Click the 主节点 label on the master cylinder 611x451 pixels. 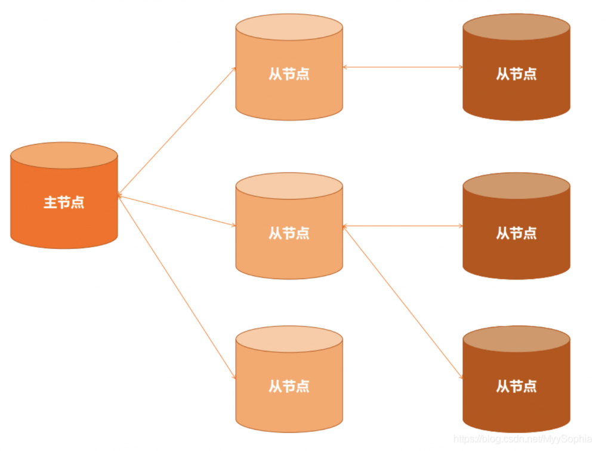click(64, 203)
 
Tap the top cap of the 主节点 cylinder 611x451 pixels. click(64, 155)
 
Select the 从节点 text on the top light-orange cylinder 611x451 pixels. click(289, 74)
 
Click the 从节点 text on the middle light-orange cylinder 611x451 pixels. click(289, 233)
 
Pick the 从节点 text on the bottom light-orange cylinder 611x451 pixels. click(289, 386)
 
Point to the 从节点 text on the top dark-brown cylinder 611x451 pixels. click(516, 74)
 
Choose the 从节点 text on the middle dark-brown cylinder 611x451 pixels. click(516, 233)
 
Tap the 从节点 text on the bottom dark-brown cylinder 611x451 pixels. click(516, 386)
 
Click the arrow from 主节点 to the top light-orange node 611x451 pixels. click(177, 130)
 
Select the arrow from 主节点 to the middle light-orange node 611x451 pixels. click(177, 210)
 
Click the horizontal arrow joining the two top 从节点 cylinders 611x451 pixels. click(403, 67)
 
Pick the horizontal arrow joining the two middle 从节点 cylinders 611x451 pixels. click(403, 226)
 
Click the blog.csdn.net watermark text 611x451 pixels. click(522, 439)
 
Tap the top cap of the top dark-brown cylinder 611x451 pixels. click(516, 27)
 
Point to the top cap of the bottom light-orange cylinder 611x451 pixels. click(289, 339)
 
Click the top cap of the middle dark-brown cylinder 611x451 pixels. click(516, 186)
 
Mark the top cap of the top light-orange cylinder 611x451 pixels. click(289, 27)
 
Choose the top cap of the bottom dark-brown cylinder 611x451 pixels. click(516, 339)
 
